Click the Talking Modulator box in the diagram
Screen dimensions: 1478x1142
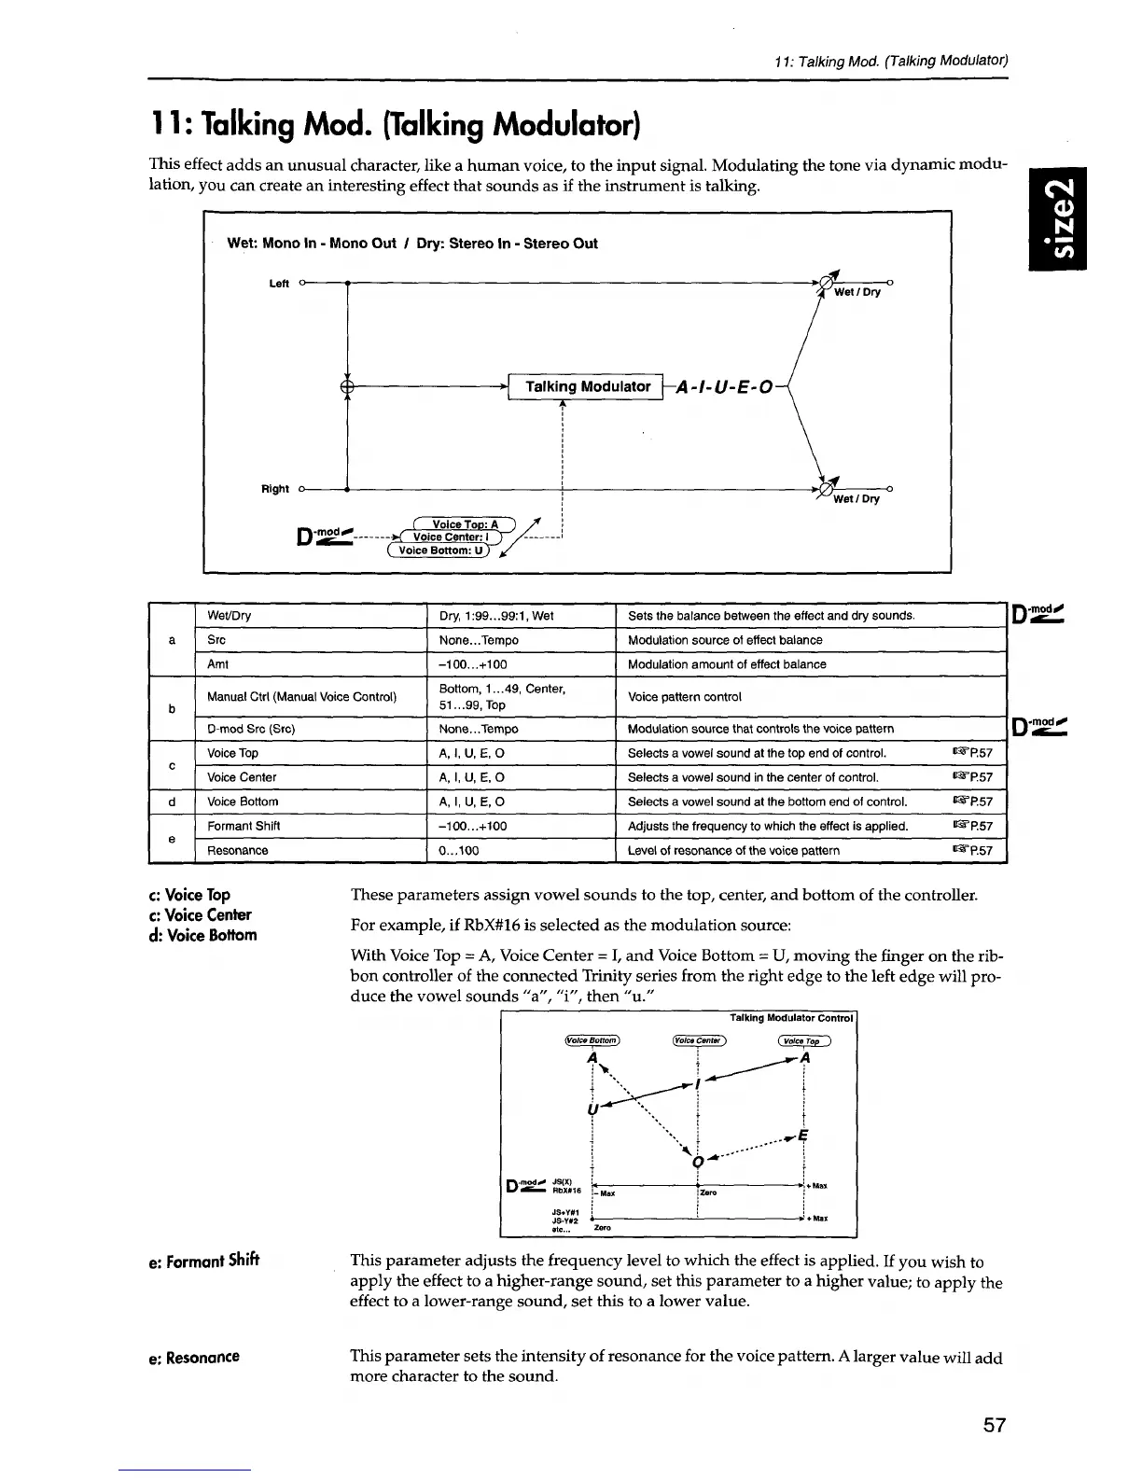588,386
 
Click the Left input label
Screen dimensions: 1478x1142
278,284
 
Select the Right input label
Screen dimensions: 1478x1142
274,489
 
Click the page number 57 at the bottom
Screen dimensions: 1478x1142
994,1425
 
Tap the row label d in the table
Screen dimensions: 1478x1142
171,802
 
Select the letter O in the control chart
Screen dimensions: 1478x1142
696,1161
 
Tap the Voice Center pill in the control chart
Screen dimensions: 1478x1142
698,1042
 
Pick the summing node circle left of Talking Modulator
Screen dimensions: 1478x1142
347,386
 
